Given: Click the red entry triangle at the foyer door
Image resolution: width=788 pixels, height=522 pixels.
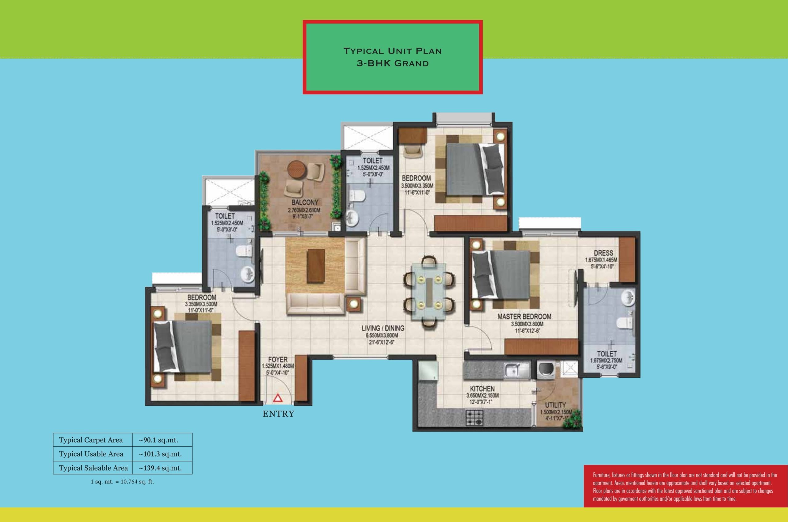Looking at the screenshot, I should tap(278, 398).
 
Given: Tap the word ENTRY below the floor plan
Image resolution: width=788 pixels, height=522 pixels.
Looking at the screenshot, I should tap(279, 414).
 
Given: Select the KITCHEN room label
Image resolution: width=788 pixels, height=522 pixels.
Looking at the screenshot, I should tap(482, 389).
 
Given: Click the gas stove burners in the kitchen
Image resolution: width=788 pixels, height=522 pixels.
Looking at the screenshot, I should tap(474, 417).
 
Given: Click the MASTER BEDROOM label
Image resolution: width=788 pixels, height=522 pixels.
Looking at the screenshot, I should tap(524, 317).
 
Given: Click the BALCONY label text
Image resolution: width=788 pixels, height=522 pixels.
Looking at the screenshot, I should tap(305, 202).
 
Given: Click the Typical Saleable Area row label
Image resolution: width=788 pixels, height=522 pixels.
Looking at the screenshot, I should tap(93, 468).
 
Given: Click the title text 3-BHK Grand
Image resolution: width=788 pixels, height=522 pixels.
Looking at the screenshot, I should tap(393, 63).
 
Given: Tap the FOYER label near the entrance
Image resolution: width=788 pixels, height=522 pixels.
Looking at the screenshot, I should tap(278, 360).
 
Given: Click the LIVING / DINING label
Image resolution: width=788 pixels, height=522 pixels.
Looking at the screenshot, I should tap(383, 328).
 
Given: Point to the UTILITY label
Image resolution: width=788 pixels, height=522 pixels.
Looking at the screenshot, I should tap(555, 405).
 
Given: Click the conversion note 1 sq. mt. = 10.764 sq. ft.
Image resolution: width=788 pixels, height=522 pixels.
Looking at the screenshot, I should tap(122, 482).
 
